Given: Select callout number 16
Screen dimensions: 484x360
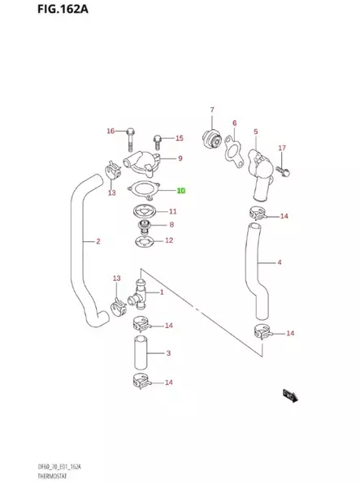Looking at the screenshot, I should tap(111, 131).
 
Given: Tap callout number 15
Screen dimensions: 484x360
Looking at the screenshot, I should tap(180, 138).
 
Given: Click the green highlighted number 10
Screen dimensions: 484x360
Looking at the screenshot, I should tap(181, 192).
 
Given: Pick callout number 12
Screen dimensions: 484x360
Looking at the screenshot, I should tap(169, 240).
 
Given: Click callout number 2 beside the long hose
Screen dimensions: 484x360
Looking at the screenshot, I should tap(98, 241).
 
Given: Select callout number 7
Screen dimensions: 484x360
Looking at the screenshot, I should tap(211, 110).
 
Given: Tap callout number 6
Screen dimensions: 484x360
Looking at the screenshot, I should tap(234, 123).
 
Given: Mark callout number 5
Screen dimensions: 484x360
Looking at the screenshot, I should tap(255, 131).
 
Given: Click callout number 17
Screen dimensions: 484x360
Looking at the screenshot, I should tap(282, 148).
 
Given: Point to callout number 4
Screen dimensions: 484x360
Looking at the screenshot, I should tap(279, 262).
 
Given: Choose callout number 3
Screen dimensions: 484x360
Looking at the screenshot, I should tap(167, 353).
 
